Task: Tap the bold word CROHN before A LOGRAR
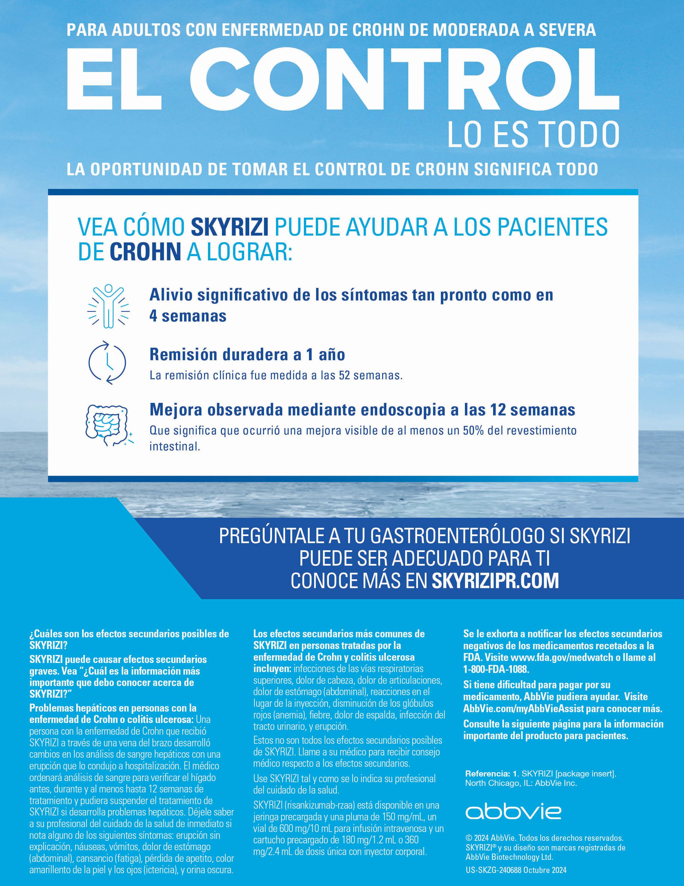click(x=145, y=252)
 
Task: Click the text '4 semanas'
click(x=188, y=316)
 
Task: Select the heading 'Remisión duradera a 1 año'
click(x=247, y=355)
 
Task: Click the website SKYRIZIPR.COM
click(x=495, y=581)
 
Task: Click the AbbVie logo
click(x=513, y=812)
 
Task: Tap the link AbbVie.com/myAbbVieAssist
click(x=523, y=709)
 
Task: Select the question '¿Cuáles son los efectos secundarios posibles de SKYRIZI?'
click(x=129, y=639)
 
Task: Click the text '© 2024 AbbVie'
click(x=491, y=838)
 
